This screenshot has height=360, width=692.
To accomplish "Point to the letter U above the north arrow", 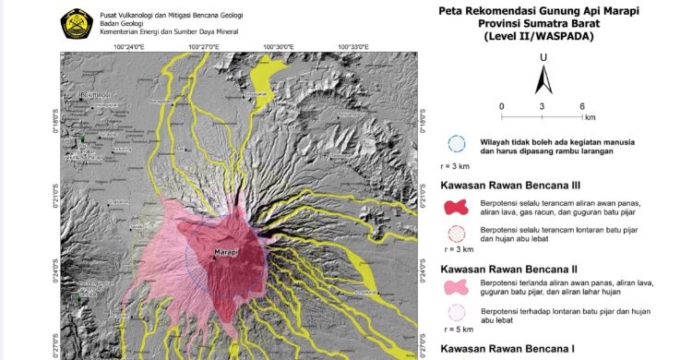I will click(x=544, y=57).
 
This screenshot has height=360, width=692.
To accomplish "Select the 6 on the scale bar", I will click(x=582, y=106).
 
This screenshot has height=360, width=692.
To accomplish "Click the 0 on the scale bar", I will click(x=502, y=106).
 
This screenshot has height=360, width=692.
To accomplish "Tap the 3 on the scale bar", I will click(x=543, y=106).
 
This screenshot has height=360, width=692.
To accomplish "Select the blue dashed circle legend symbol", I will click(x=456, y=144).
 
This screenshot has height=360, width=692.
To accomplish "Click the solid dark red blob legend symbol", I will click(x=456, y=208).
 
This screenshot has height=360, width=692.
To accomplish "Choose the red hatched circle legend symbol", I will click(x=456, y=234).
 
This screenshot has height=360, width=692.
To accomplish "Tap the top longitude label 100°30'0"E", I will click(x=278, y=45).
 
